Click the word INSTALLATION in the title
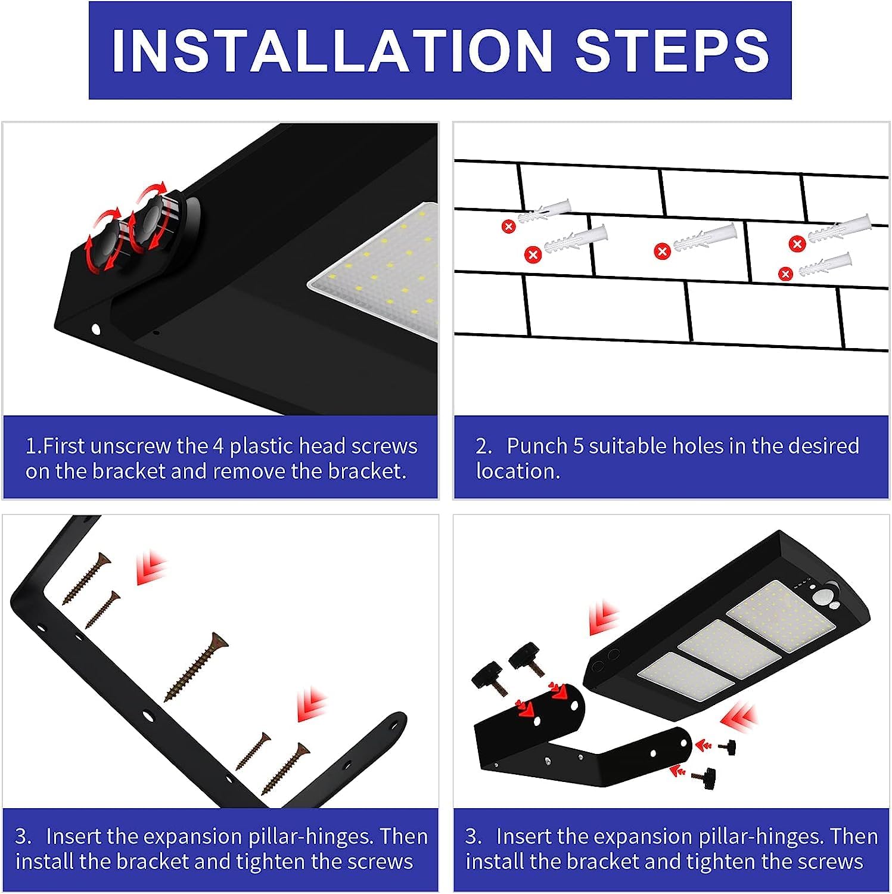pyautogui.click(x=332, y=50)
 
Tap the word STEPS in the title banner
pyautogui.click(x=673, y=50)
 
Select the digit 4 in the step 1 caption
pyautogui.click(x=218, y=446)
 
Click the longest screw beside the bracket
pyautogui.click(x=196, y=666)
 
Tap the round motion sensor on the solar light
pyautogui.click(x=824, y=595)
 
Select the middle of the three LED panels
pyautogui.click(x=729, y=650)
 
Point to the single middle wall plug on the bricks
pyautogui.click(x=705, y=238)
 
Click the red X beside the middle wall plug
pyautogui.click(x=662, y=252)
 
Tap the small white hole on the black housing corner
pyautogui.click(x=95, y=328)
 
